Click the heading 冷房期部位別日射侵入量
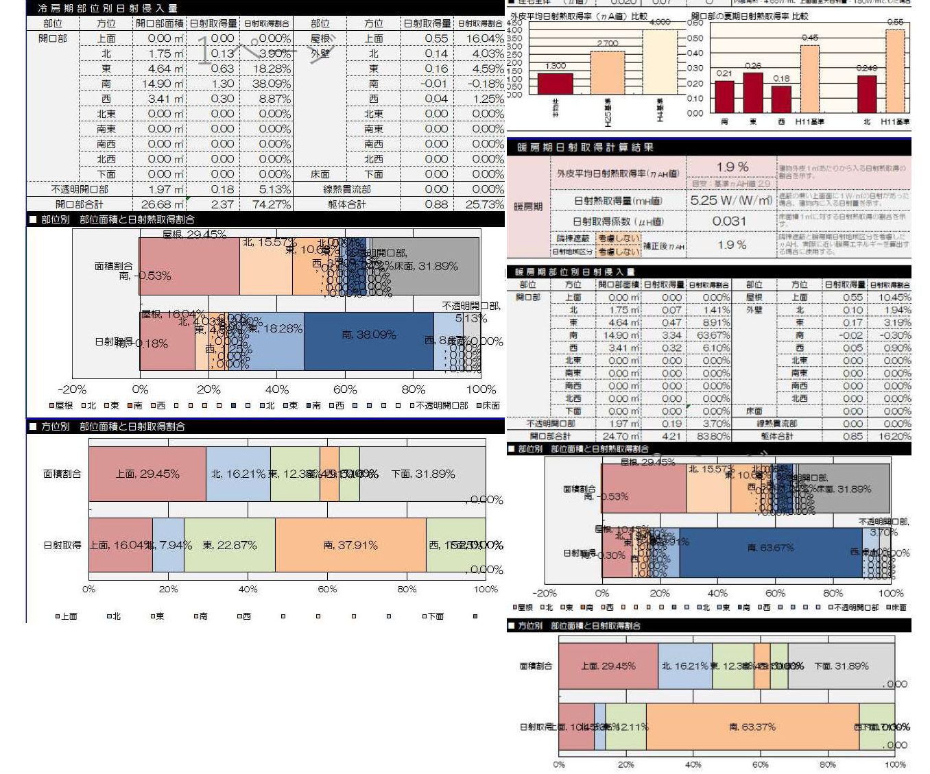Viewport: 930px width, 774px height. point(107,8)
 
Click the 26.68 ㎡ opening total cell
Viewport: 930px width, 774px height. point(160,204)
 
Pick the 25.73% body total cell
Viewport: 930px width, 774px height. point(484,204)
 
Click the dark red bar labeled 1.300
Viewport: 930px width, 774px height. point(555,83)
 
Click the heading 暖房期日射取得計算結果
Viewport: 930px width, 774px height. point(585,147)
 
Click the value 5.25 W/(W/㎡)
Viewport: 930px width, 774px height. point(731,200)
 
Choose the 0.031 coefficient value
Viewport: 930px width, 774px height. point(729,221)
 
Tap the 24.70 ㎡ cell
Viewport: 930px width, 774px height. point(620,436)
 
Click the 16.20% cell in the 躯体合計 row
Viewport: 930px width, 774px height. point(892,436)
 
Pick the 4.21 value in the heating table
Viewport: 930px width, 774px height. point(671,436)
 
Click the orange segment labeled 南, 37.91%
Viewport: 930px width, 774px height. point(350,545)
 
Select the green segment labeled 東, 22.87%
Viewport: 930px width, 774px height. point(230,545)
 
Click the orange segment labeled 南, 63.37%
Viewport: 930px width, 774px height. point(752,727)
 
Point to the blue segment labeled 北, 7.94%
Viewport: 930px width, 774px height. point(168,545)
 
